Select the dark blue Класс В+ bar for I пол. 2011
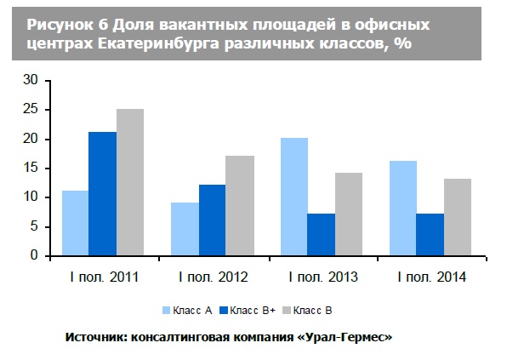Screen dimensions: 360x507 102,194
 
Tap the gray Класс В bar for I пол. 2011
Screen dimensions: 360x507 130,182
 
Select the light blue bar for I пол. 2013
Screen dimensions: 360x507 293,197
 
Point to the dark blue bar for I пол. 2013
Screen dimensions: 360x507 321,235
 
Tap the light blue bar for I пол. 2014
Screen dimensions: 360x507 402,209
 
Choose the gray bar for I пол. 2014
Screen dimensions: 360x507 457,217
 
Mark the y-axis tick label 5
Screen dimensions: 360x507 35,226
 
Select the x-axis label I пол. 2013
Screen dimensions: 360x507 321,277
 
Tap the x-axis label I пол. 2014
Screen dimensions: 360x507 430,277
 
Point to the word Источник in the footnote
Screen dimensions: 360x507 94,337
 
